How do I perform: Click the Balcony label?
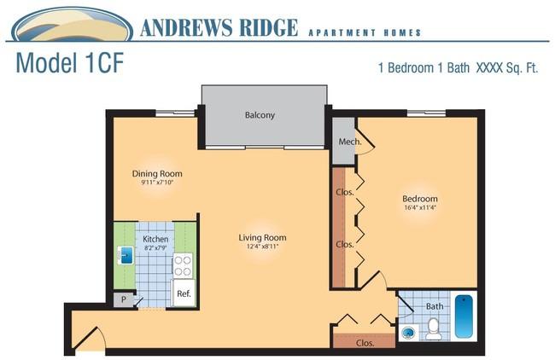pos(260,115)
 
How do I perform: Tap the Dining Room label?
pos(157,174)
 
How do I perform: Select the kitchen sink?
pos(126,255)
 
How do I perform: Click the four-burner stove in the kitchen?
pos(183,265)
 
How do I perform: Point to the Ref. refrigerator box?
pos(184,293)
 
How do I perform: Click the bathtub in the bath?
pos(464,316)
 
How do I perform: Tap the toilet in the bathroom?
pos(433,329)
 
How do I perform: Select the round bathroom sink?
pos(409,333)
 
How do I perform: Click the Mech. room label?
pos(350,142)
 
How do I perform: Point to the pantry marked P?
pos(124,299)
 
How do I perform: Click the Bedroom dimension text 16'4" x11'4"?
pos(420,207)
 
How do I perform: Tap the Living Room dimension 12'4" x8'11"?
pos(262,247)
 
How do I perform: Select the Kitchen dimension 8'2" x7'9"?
pos(155,248)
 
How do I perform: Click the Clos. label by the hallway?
pos(365,343)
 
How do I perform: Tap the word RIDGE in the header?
pos(269,28)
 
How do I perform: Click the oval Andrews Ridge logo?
pos(73,25)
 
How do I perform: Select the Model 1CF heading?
pos(70,63)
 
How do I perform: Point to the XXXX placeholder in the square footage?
pos(489,67)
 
